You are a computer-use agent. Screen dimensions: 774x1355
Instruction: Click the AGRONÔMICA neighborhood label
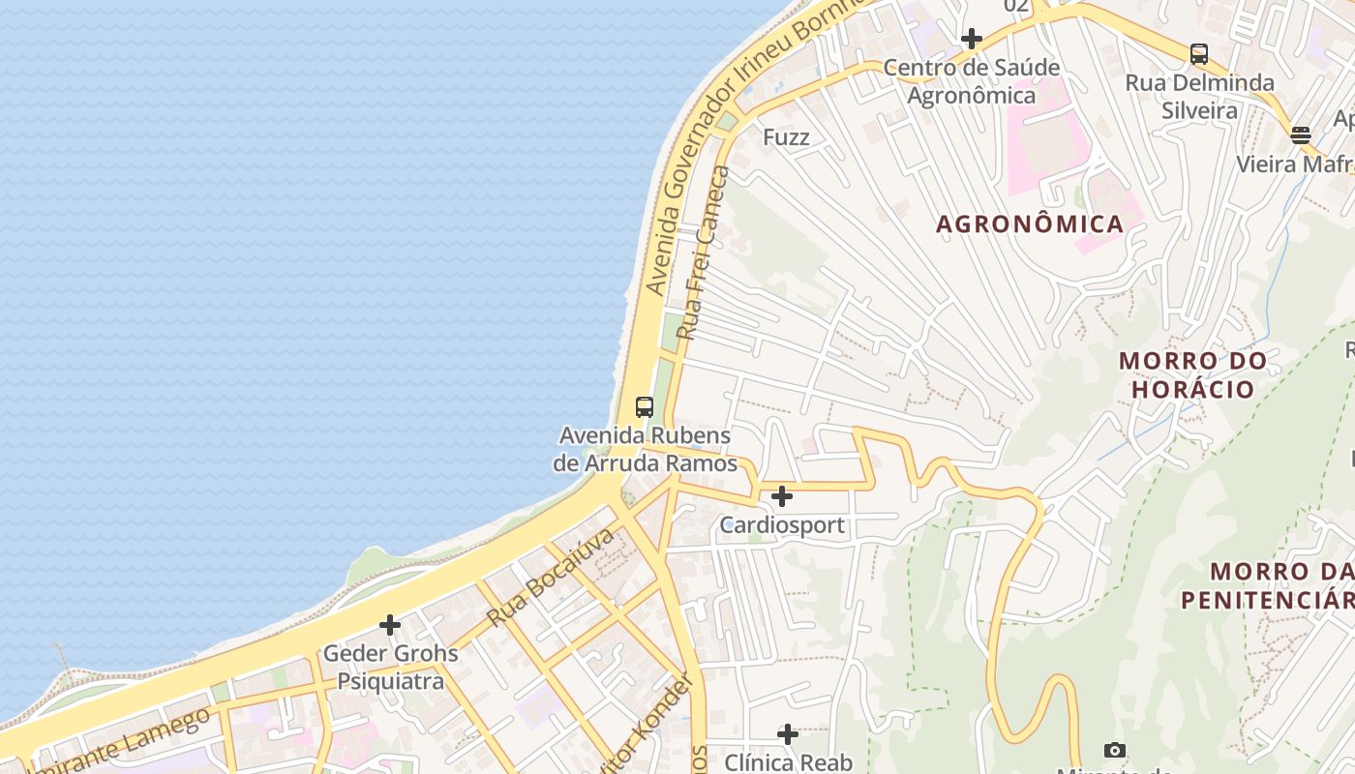tap(1030, 224)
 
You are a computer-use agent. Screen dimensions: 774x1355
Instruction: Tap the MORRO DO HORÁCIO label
tap(1192, 375)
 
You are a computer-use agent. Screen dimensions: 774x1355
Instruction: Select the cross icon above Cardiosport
tap(782, 497)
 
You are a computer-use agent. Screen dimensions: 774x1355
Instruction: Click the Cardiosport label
tap(782, 525)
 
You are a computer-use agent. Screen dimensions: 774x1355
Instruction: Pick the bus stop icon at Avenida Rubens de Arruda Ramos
tap(645, 407)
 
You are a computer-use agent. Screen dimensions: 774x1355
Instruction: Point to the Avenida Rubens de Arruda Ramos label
tap(645, 450)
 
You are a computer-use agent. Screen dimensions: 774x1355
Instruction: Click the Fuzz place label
tap(786, 137)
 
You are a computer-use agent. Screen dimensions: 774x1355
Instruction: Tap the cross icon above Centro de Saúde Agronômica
tap(972, 39)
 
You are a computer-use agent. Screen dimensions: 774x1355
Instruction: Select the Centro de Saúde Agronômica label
tap(972, 82)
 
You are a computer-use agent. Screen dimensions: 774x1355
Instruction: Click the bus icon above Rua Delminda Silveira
tap(1199, 54)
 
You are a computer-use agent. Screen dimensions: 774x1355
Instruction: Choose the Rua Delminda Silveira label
tap(1199, 97)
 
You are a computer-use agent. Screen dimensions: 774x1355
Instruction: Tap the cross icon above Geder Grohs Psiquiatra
tap(390, 625)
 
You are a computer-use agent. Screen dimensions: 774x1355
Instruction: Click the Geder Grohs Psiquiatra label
tap(390, 668)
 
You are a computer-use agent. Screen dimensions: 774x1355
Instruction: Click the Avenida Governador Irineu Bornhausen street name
tap(745, 145)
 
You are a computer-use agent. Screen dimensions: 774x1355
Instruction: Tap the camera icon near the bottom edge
tap(1115, 750)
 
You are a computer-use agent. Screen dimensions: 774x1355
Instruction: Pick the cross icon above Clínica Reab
tap(788, 734)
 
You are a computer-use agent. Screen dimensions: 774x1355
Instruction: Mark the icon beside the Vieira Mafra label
tap(1301, 134)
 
